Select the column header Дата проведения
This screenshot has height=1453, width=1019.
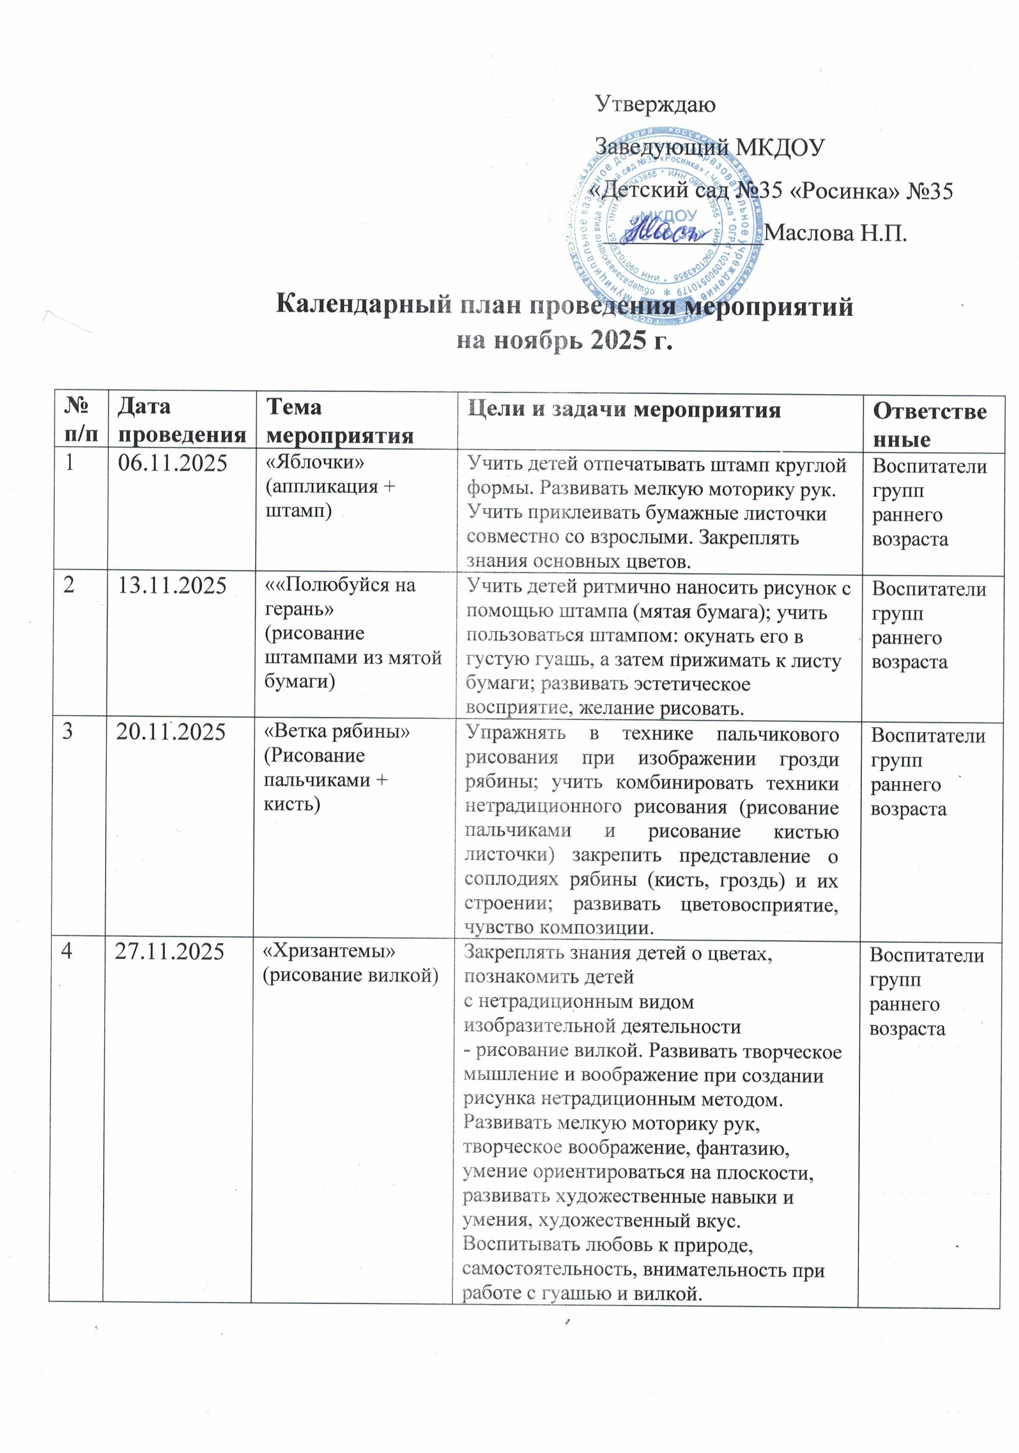point(181,420)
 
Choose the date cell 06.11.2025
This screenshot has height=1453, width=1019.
point(173,464)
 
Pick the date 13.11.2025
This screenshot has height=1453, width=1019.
point(172,586)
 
